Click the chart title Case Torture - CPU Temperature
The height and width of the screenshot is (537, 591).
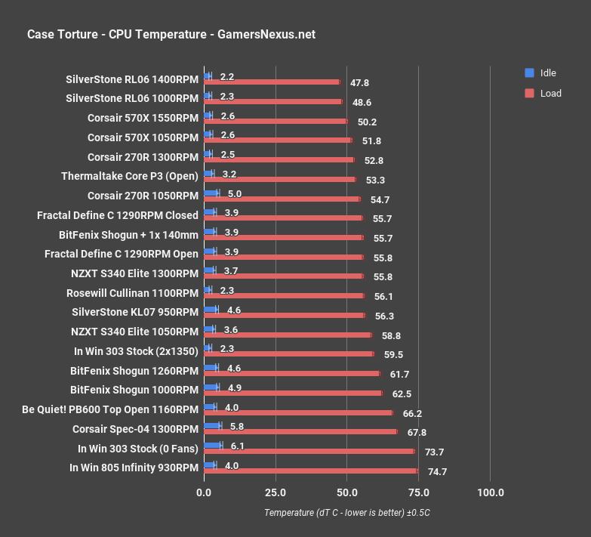tap(171, 34)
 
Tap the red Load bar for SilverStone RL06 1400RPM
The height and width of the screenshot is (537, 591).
tap(272, 82)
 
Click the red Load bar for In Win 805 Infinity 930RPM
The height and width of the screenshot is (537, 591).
tap(310, 471)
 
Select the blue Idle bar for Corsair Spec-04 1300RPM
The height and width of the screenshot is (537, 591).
tap(212, 426)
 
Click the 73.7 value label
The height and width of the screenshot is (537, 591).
tap(435, 452)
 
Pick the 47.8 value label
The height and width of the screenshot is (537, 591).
tap(359, 83)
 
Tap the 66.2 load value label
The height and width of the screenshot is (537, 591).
tap(412, 413)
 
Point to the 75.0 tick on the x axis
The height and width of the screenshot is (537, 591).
tap(419, 493)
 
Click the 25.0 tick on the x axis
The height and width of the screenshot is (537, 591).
tap(275, 493)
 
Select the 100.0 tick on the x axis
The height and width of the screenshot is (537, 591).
tap(491, 493)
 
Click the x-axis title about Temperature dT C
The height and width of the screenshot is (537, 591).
tap(347, 513)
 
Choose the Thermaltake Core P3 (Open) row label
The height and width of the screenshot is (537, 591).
tap(130, 176)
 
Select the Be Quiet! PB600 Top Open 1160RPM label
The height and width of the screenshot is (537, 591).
tap(111, 409)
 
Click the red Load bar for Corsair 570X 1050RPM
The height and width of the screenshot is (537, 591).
tap(278, 140)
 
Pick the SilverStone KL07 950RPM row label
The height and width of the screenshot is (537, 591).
tap(135, 312)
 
